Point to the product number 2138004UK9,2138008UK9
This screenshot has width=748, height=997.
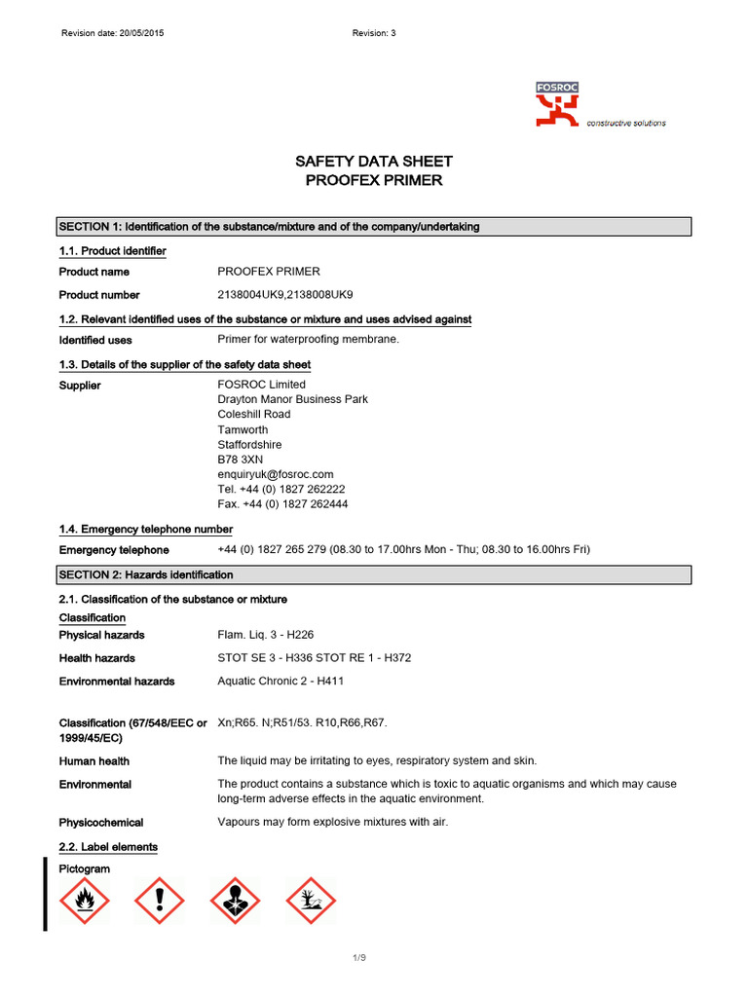coord(285,294)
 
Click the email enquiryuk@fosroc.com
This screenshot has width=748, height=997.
coord(276,474)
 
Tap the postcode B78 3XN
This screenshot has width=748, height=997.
coord(241,460)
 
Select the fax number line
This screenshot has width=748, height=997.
coord(282,504)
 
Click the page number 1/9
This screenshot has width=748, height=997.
coord(359,959)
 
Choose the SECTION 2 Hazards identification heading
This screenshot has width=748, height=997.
coord(146,575)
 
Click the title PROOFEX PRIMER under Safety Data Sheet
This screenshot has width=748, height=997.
coord(374,180)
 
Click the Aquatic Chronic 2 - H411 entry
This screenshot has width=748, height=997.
coord(280,681)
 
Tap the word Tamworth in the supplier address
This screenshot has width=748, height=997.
coord(243,429)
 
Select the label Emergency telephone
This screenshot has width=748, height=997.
coord(108,550)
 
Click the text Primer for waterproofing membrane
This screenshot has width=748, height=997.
coord(309,340)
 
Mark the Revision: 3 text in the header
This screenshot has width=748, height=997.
coord(374,33)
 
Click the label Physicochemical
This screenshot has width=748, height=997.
coord(101,823)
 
